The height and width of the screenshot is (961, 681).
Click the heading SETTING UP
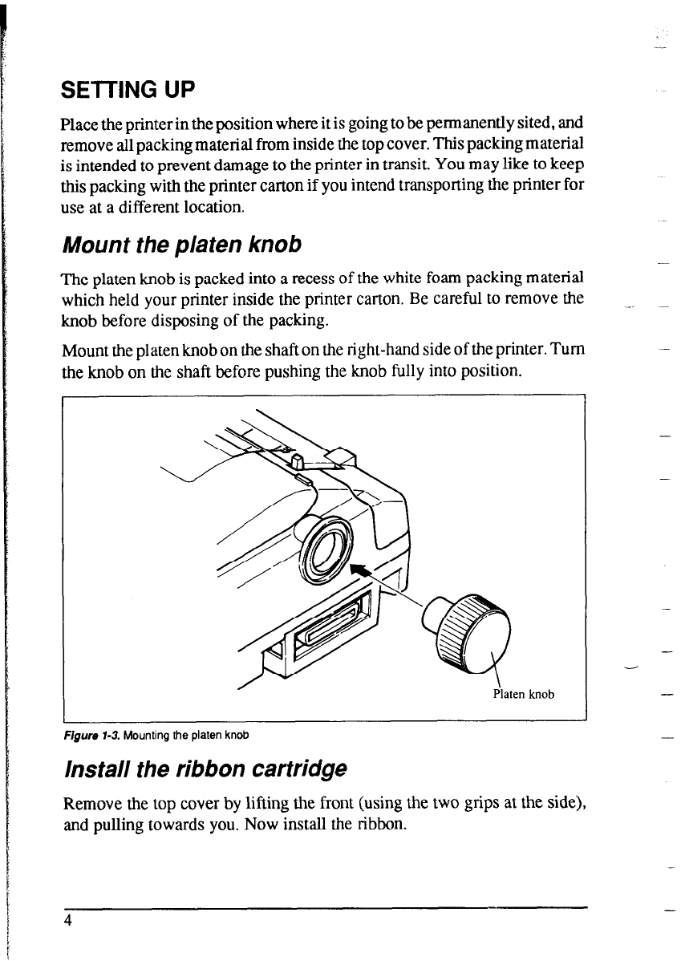pos(128,90)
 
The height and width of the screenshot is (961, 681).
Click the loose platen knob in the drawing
pos(470,630)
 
